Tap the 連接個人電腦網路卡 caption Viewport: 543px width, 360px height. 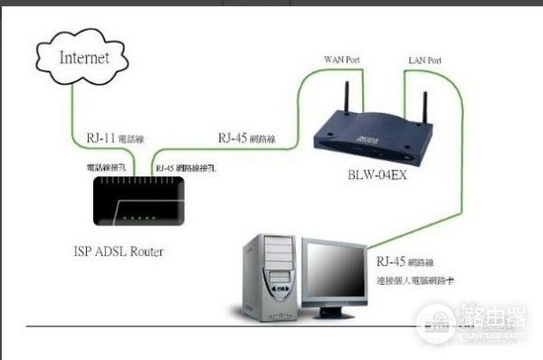pyautogui.click(x=416, y=281)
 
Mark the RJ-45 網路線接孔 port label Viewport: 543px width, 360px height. pyautogui.click(x=186, y=168)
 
